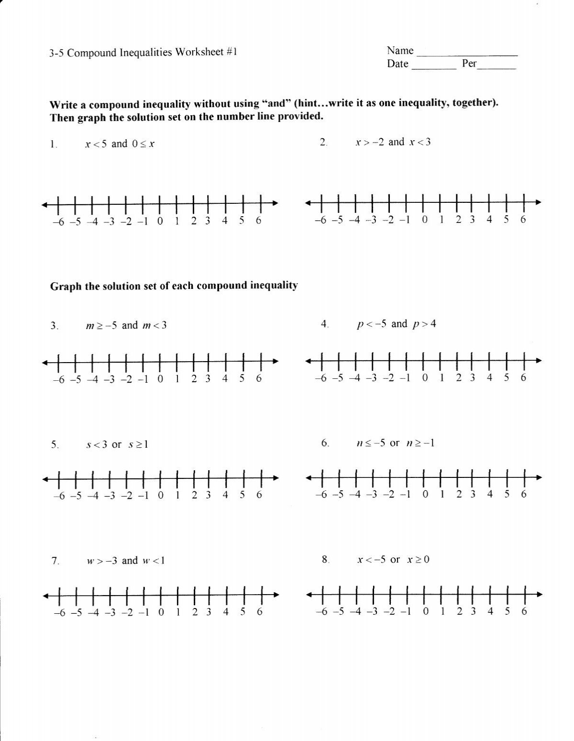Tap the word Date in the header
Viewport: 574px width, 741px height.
[x=397, y=64]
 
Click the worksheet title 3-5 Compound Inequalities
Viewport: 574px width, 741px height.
[x=143, y=52]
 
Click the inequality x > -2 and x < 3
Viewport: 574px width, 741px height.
[x=393, y=142]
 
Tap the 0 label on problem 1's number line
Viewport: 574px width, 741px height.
[x=159, y=221]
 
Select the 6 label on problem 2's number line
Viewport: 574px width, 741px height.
[x=523, y=220]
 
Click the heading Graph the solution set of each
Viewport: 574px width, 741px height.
[x=174, y=286]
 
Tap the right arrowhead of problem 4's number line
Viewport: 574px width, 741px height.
[x=539, y=361]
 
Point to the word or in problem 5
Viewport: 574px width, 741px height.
[x=116, y=445]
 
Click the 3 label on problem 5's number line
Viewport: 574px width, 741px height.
[x=208, y=496]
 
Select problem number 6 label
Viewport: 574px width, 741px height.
[x=325, y=443]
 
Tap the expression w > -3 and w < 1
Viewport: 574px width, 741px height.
[x=126, y=561]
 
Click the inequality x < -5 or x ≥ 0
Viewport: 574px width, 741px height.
[x=393, y=560]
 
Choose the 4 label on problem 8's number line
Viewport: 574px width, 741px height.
[x=490, y=611]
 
